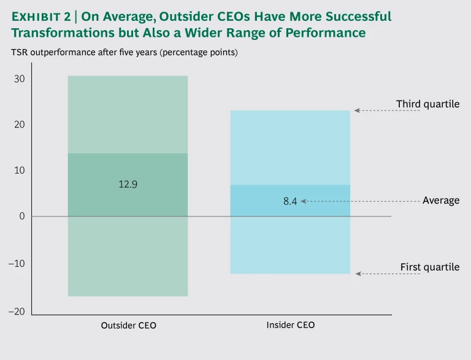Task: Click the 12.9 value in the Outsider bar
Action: coord(128,183)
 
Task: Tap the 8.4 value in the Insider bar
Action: coord(290,201)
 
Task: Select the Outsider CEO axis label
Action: coord(128,326)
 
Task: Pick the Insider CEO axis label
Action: coord(291,325)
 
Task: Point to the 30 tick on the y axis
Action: coord(19,79)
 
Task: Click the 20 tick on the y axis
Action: coord(19,124)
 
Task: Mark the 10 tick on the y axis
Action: coord(19,170)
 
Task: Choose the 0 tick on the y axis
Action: coord(21,216)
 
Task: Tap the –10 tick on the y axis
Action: coord(17,264)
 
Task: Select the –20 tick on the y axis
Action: coord(17,312)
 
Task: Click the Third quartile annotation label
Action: coord(427,104)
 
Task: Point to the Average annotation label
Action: coord(441,201)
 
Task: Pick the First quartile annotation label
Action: coord(430,267)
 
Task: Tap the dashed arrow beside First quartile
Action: coord(388,274)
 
